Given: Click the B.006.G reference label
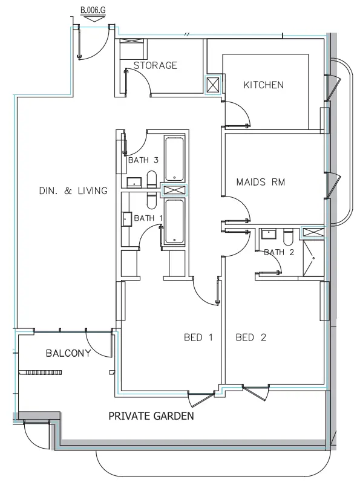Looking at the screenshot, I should [93, 10].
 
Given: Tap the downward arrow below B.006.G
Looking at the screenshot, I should [93, 19].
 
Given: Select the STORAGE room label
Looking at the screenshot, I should [155, 65].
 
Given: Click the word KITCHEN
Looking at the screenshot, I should [263, 85].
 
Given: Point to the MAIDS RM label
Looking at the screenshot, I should [260, 181].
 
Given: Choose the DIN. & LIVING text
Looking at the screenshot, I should [73, 190].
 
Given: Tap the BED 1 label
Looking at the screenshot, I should [198, 337].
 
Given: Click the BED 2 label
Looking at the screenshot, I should [251, 337].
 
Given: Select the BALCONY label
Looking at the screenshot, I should [68, 353].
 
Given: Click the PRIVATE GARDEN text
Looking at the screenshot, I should [151, 417].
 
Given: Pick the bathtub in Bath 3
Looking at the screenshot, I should [175, 160].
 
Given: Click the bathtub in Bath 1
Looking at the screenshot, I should [175, 221].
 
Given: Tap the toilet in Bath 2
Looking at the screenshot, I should [288, 235].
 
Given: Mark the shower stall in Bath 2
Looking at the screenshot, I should [313, 259].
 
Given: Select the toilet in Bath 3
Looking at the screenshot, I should [152, 179].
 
